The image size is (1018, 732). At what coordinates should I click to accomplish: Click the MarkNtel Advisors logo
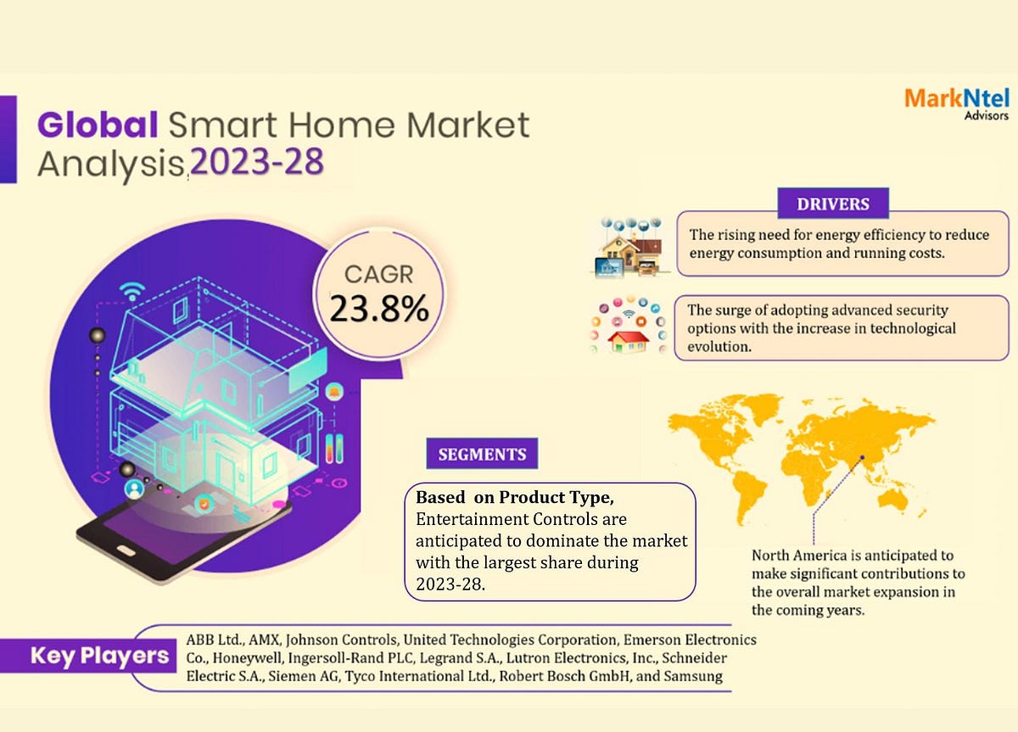click(x=956, y=103)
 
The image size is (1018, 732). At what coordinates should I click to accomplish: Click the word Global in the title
click(x=98, y=126)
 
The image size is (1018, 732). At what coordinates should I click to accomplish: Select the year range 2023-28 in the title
click(x=257, y=160)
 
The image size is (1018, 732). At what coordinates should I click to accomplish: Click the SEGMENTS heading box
click(x=482, y=454)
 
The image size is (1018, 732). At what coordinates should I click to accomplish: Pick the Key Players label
click(x=99, y=656)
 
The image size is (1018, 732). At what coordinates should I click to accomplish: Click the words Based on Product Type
click(x=521, y=497)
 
